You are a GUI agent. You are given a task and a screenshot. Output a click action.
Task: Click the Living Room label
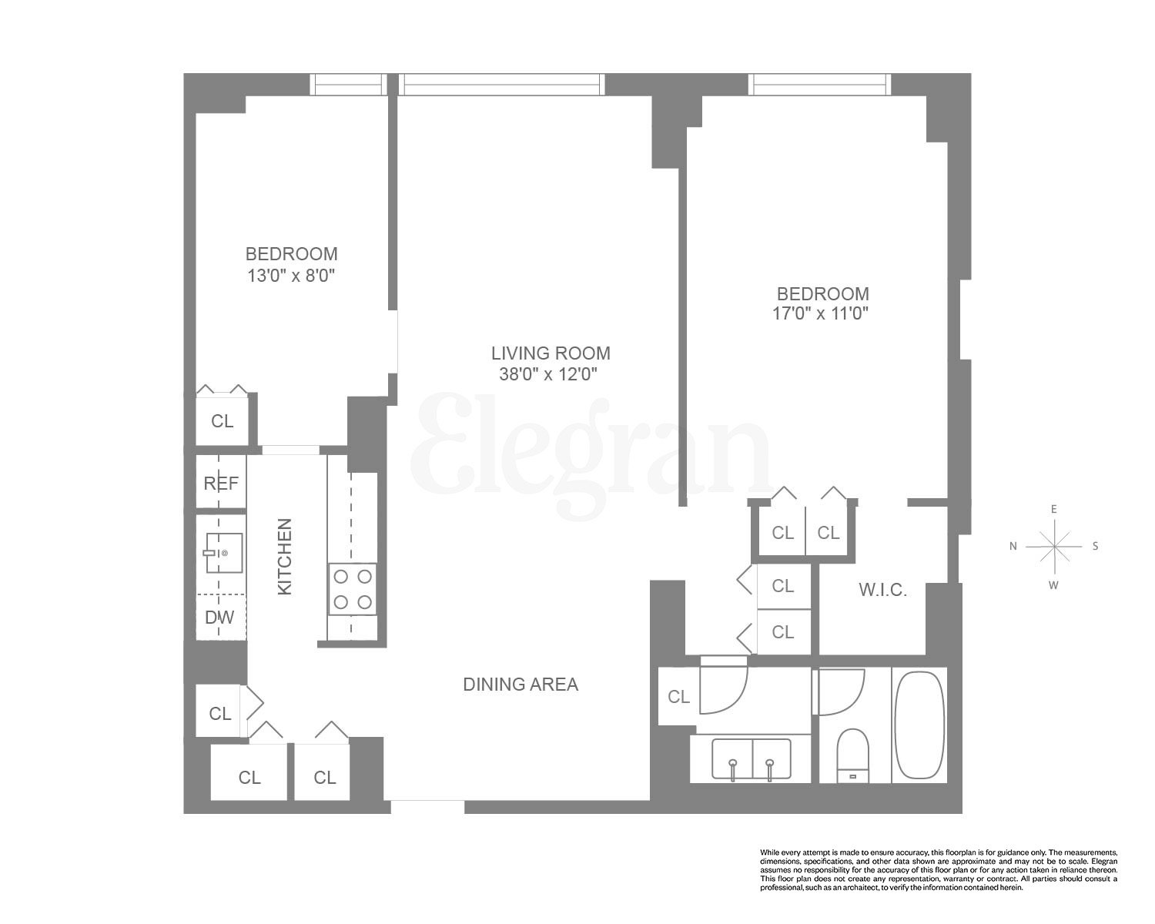551,353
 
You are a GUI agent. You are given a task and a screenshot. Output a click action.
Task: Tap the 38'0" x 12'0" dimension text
548,374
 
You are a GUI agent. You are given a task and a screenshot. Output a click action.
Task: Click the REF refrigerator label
221,484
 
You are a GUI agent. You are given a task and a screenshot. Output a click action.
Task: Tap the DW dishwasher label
219,617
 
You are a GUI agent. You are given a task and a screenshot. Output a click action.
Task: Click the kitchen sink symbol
220,553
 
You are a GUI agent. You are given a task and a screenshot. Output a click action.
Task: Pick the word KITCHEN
285,556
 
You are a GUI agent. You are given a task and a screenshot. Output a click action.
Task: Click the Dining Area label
521,684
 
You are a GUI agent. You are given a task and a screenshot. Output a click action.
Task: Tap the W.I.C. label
882,591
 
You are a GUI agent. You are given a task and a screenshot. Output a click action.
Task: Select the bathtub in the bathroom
919,726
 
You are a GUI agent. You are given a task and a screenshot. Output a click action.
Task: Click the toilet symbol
852,755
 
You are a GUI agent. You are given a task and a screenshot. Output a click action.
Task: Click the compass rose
1054,546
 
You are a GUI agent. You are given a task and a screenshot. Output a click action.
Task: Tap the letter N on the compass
1013,546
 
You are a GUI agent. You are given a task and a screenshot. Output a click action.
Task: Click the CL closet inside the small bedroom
222,421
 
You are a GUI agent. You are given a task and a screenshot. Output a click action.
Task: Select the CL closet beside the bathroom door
678,697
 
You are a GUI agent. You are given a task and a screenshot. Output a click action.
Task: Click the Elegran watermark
593,447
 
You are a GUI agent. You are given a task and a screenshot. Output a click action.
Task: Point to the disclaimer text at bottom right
938,870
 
